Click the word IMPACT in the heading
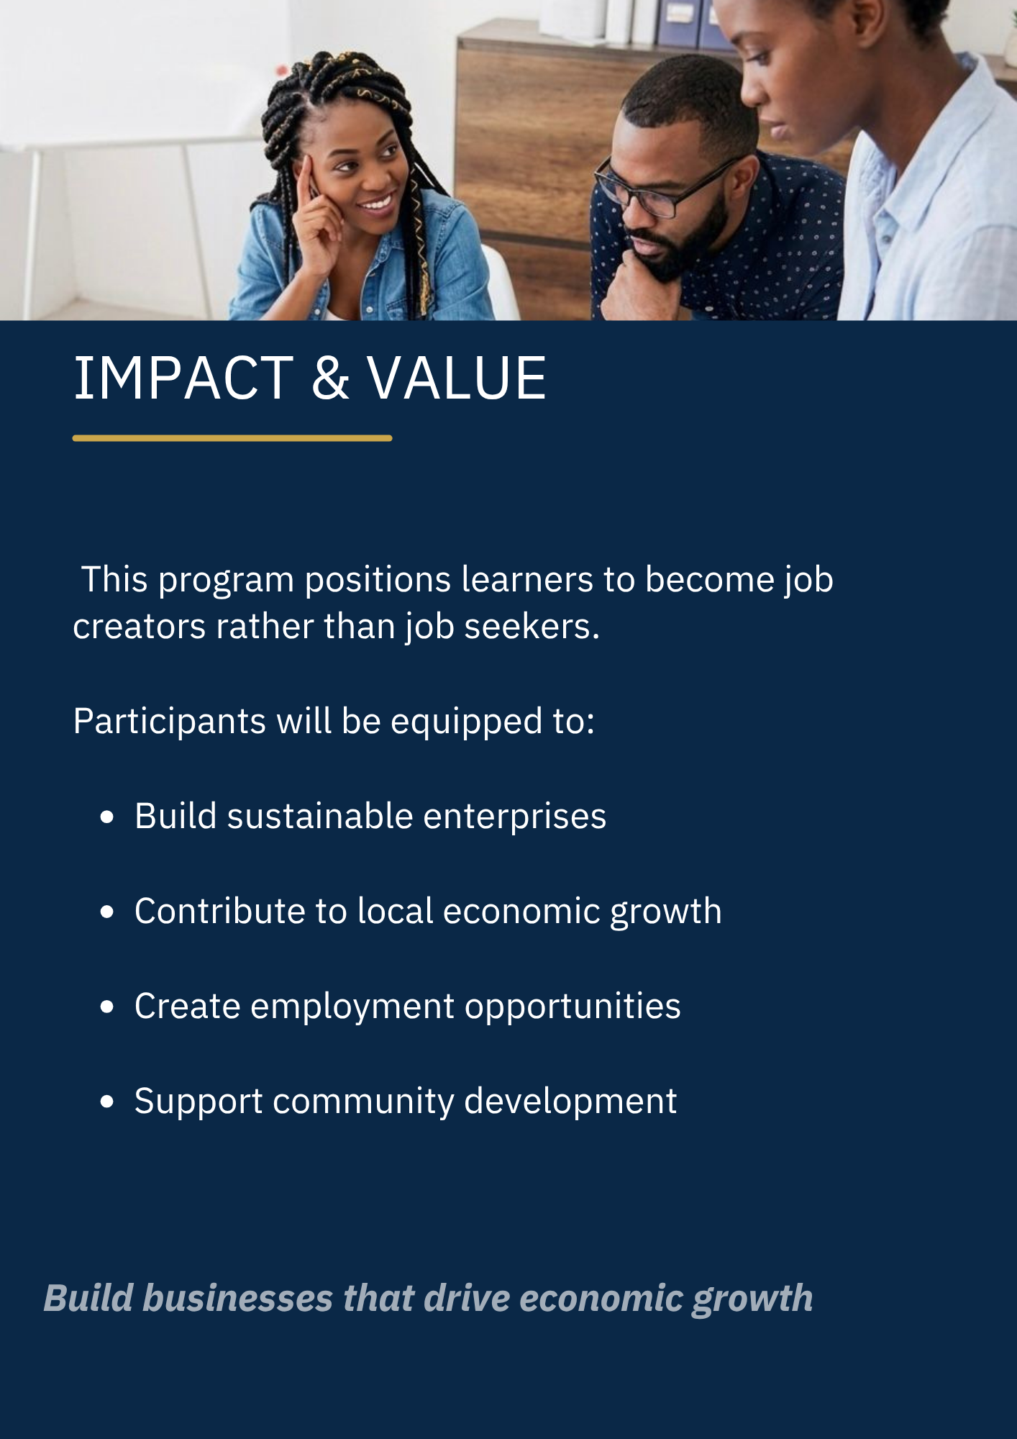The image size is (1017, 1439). pos(183,378)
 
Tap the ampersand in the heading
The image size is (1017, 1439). pos(331,378)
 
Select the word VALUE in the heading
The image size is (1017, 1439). pos(457,378)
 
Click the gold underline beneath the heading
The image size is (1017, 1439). pos(232,437)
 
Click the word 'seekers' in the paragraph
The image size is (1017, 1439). pos(532,627)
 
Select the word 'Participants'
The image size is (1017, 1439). pos(170,722)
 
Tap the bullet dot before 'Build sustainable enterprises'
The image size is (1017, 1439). pos(107,817)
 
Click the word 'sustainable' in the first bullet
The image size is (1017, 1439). pos(320,817)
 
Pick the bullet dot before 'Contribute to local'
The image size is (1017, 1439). pos(107,912)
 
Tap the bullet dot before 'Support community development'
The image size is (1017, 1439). pos(107,1102)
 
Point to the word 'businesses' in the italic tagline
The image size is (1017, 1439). pos(238,1299)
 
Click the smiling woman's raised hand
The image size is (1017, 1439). pos(317,216)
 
